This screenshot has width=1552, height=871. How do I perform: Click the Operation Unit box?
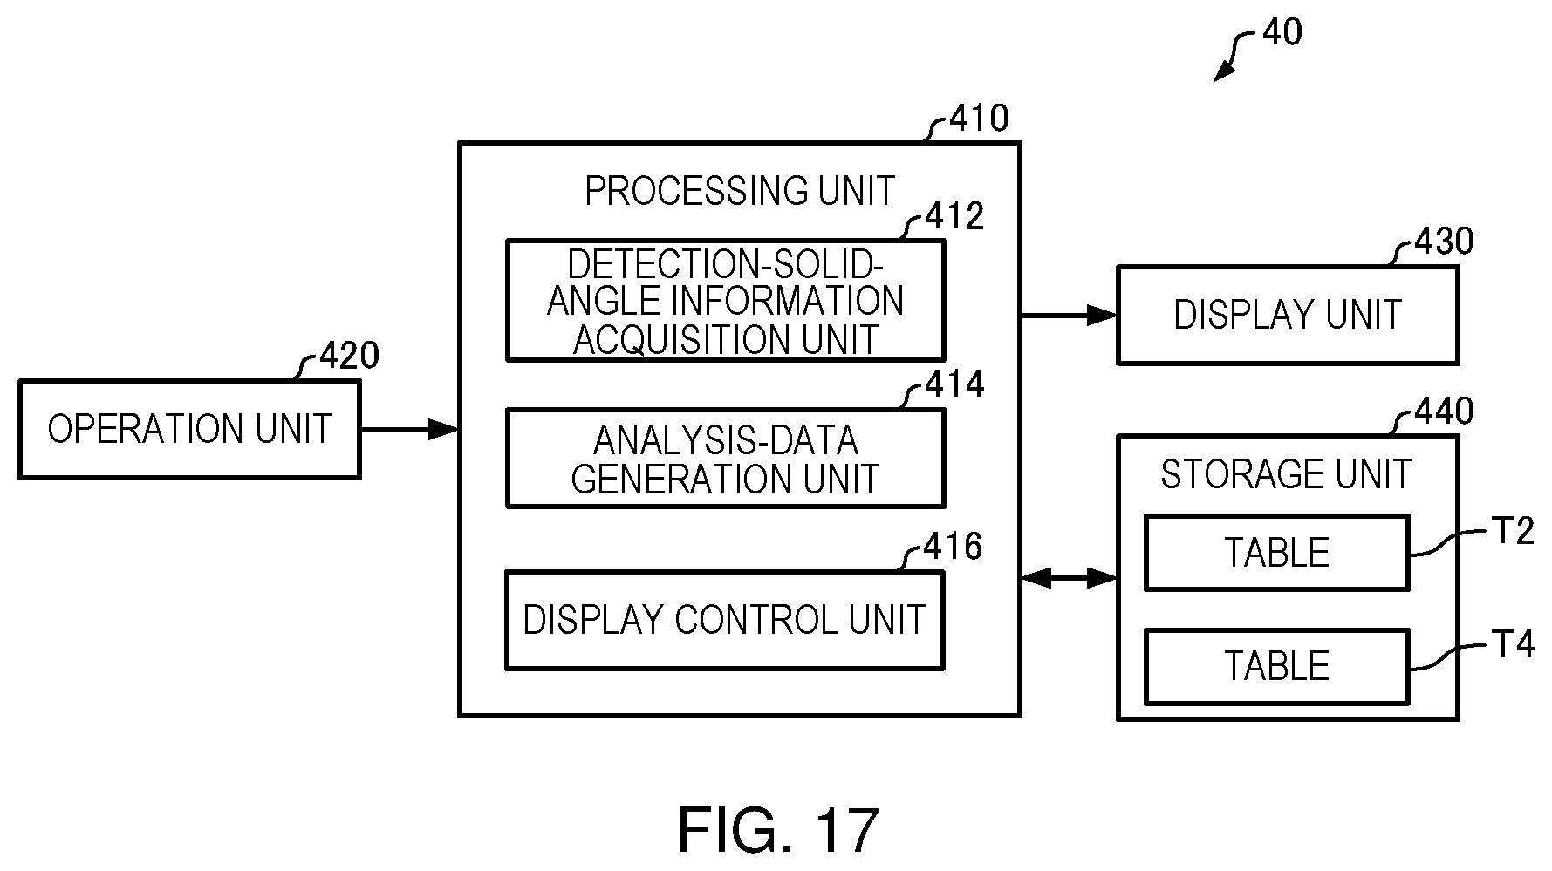pyautogui.click(x=189, y=429)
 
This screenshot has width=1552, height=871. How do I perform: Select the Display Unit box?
pyautogui.click(x=1288, y=315)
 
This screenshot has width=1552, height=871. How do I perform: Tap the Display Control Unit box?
pyautogui.click(x=725, y=620)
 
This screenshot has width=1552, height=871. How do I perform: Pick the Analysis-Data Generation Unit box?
pyautogui.click(x=725, y=459)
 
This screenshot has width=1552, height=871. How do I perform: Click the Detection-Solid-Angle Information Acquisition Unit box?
pyautogui.click(x=725, y=300)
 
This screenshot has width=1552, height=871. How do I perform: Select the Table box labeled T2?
pyautogui.click(x=1276, y=553)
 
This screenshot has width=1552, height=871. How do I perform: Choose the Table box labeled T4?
pyautogui.click(x=1276, y=666)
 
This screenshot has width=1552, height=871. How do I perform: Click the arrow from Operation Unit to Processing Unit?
pyautogui.click(x=409, y=429)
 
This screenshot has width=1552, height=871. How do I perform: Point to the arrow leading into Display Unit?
pyautogui.click(x=1069, y=315)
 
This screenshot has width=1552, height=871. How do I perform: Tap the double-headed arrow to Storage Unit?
pyautogui.click(x=1069, y=576)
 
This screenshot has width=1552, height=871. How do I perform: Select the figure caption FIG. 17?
pyautogui.click(x=777, y=830)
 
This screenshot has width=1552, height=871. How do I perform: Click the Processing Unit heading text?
pyautogui.click(x=740, y=191)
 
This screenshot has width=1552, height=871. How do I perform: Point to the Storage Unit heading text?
pyautogui.click(x=1286, y=474)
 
